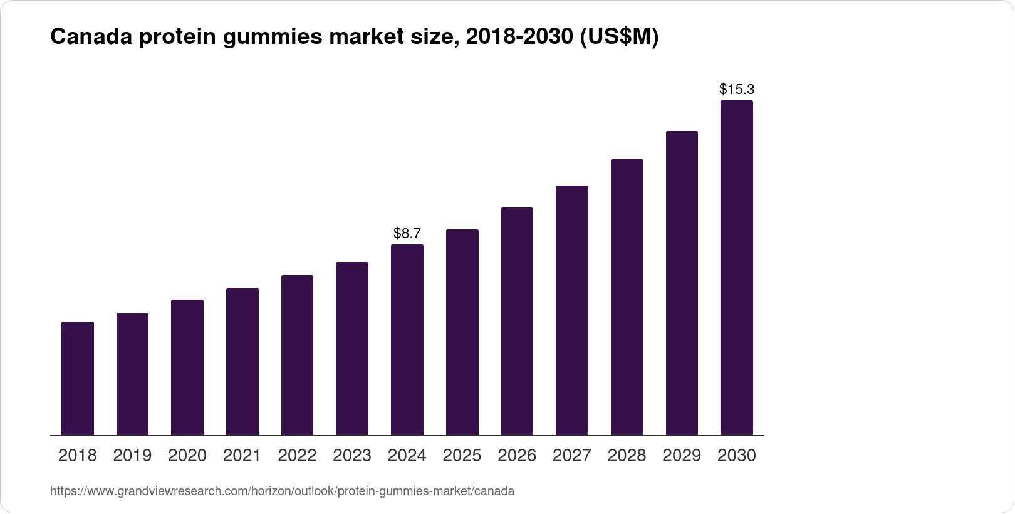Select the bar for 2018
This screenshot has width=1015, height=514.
pos(78,378)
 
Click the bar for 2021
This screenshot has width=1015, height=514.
pos(242,362)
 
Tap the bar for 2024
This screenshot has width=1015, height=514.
pos(407,340)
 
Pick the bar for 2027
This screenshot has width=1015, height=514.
pos(571,310)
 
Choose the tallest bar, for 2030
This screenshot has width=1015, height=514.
pos(736,268)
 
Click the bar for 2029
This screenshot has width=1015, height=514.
pos(682,283)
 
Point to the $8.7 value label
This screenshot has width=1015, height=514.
pos(407,234)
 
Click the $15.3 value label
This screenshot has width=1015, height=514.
pos(736,89)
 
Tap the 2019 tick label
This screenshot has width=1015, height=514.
pos(132,456)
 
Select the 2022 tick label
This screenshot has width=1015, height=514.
pos(297,456)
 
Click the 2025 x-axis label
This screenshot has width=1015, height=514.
pos(462,456)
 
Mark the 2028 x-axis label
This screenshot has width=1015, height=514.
pos(627,456)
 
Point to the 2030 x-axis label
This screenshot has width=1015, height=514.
pos(736,456)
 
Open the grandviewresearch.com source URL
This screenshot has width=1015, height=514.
pos(282,491)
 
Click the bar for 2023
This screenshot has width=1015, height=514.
pos(352,349)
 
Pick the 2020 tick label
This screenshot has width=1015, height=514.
pos(187,456)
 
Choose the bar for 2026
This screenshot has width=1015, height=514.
pos(517,321)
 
